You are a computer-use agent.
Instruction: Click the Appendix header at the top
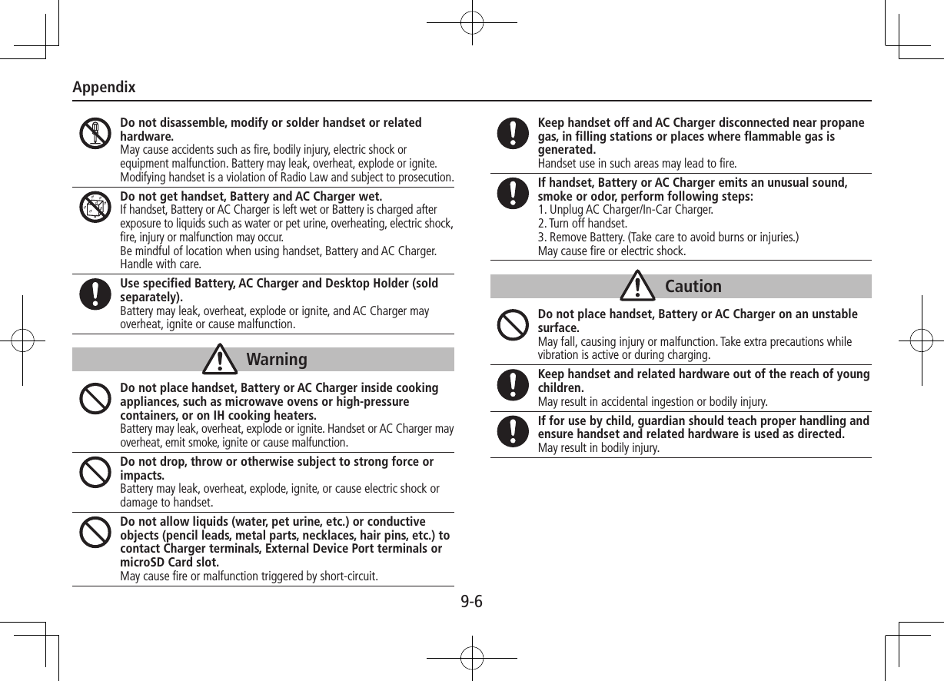coord(104,87)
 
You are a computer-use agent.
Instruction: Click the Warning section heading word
coord(277,360)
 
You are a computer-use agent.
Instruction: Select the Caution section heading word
coord(693,287)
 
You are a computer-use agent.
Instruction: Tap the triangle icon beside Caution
coord(640,287)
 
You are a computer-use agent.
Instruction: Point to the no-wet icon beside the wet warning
coord(95,206)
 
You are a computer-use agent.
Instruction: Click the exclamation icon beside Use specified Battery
coord(95,294)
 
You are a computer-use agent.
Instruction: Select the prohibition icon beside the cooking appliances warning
coord(95,398)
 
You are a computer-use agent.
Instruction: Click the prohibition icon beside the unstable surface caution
coord(512,324)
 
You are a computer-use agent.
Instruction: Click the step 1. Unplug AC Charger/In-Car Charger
coord(625,210)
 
